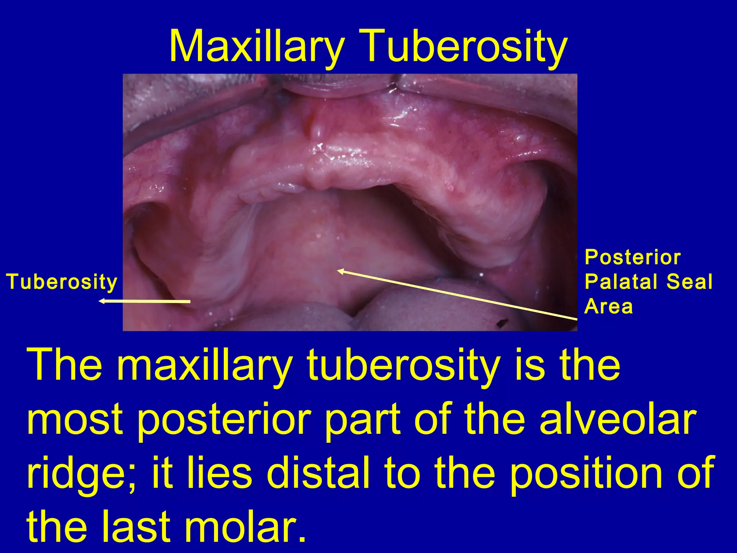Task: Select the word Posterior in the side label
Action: coord(633,257)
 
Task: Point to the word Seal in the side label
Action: coord(689,282)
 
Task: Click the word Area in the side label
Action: coord(608,306)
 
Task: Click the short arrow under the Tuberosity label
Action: coord(144,301)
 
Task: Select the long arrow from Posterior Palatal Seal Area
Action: coord(457,294)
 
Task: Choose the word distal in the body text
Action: coord(318,473)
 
